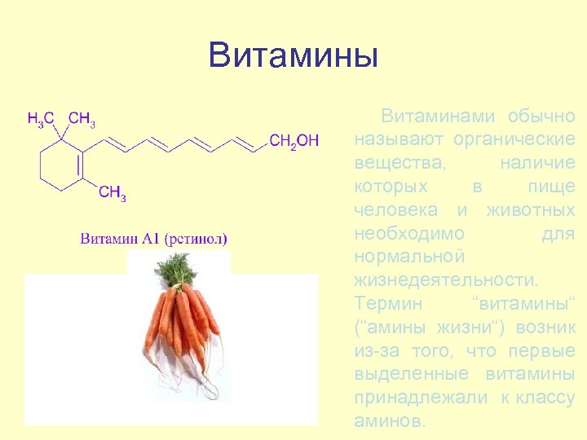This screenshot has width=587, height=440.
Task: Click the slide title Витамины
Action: click(x=293, y=55)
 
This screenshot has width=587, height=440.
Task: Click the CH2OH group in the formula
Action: click(x=293, y=141)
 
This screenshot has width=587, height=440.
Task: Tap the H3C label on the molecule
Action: click(x=41, y=120)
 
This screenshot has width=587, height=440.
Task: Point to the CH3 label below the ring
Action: click(x=113, y=192)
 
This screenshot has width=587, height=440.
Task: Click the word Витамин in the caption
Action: click(x=109, y=239)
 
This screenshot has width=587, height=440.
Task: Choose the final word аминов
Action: click(x=389, y=422)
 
